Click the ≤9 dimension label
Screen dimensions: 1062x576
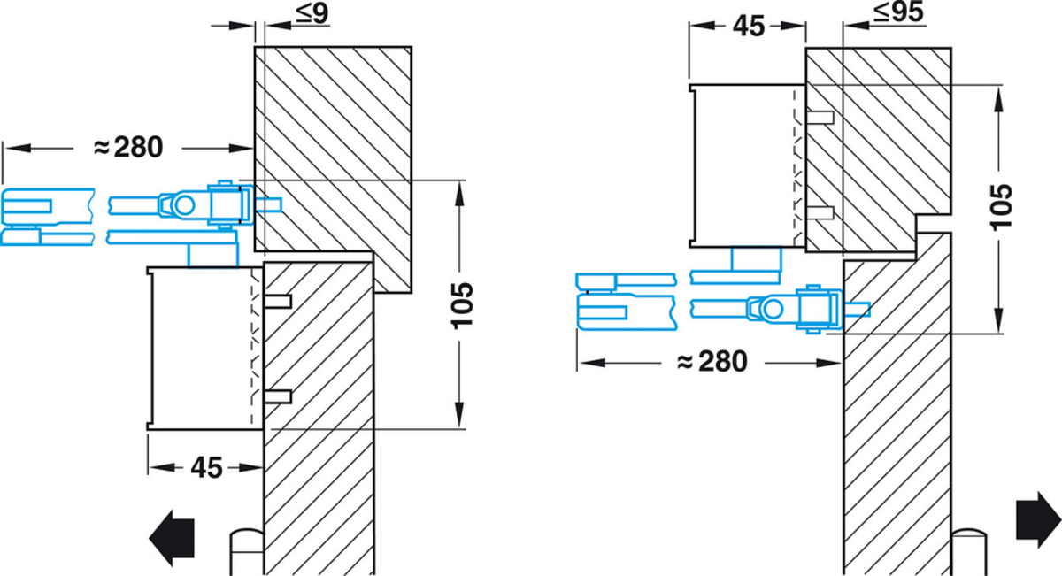point(312,13)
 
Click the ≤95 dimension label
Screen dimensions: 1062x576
point(898,12)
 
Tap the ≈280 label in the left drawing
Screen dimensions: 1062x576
point(128,147)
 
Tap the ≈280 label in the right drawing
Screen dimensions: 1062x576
point(712,362)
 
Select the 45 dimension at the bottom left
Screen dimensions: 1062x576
point(206,468)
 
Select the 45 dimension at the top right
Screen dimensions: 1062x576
point(749,26)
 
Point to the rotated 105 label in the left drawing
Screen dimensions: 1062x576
point(462,306)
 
